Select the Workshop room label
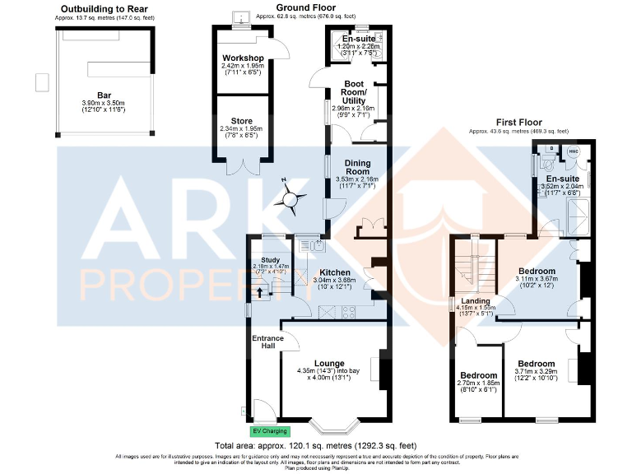point(241,58)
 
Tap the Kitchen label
point(336,272)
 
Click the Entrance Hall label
point(267,342)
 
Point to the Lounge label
point(329,363)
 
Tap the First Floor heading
point(518,123)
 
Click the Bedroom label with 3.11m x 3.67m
point(537,271)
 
